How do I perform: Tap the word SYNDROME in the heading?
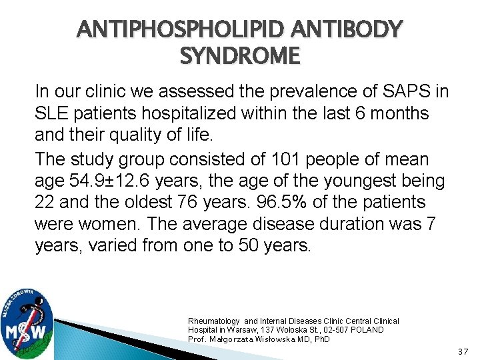pyautogui.click(x=240, y=57)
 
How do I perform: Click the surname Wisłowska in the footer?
pyautogui.click(x=279, y=339)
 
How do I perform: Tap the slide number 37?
pyautogui.click(x=464, y=351)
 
